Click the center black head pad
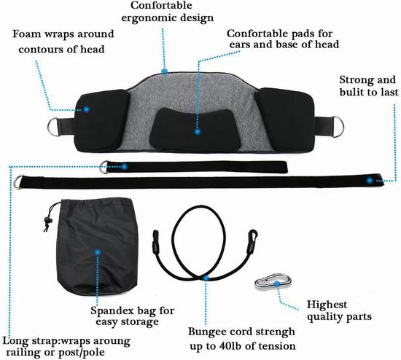[x=195, y=128]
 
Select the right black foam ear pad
[x=284, y=120]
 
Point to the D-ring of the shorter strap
[x=104, y=167]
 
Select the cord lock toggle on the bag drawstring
[x=47, y=220]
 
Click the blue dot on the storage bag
[x=98, y=252]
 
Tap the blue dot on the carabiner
[x=277, y=283]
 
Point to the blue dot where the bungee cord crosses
[x=206, y=278]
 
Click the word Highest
[x=327, y=305]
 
